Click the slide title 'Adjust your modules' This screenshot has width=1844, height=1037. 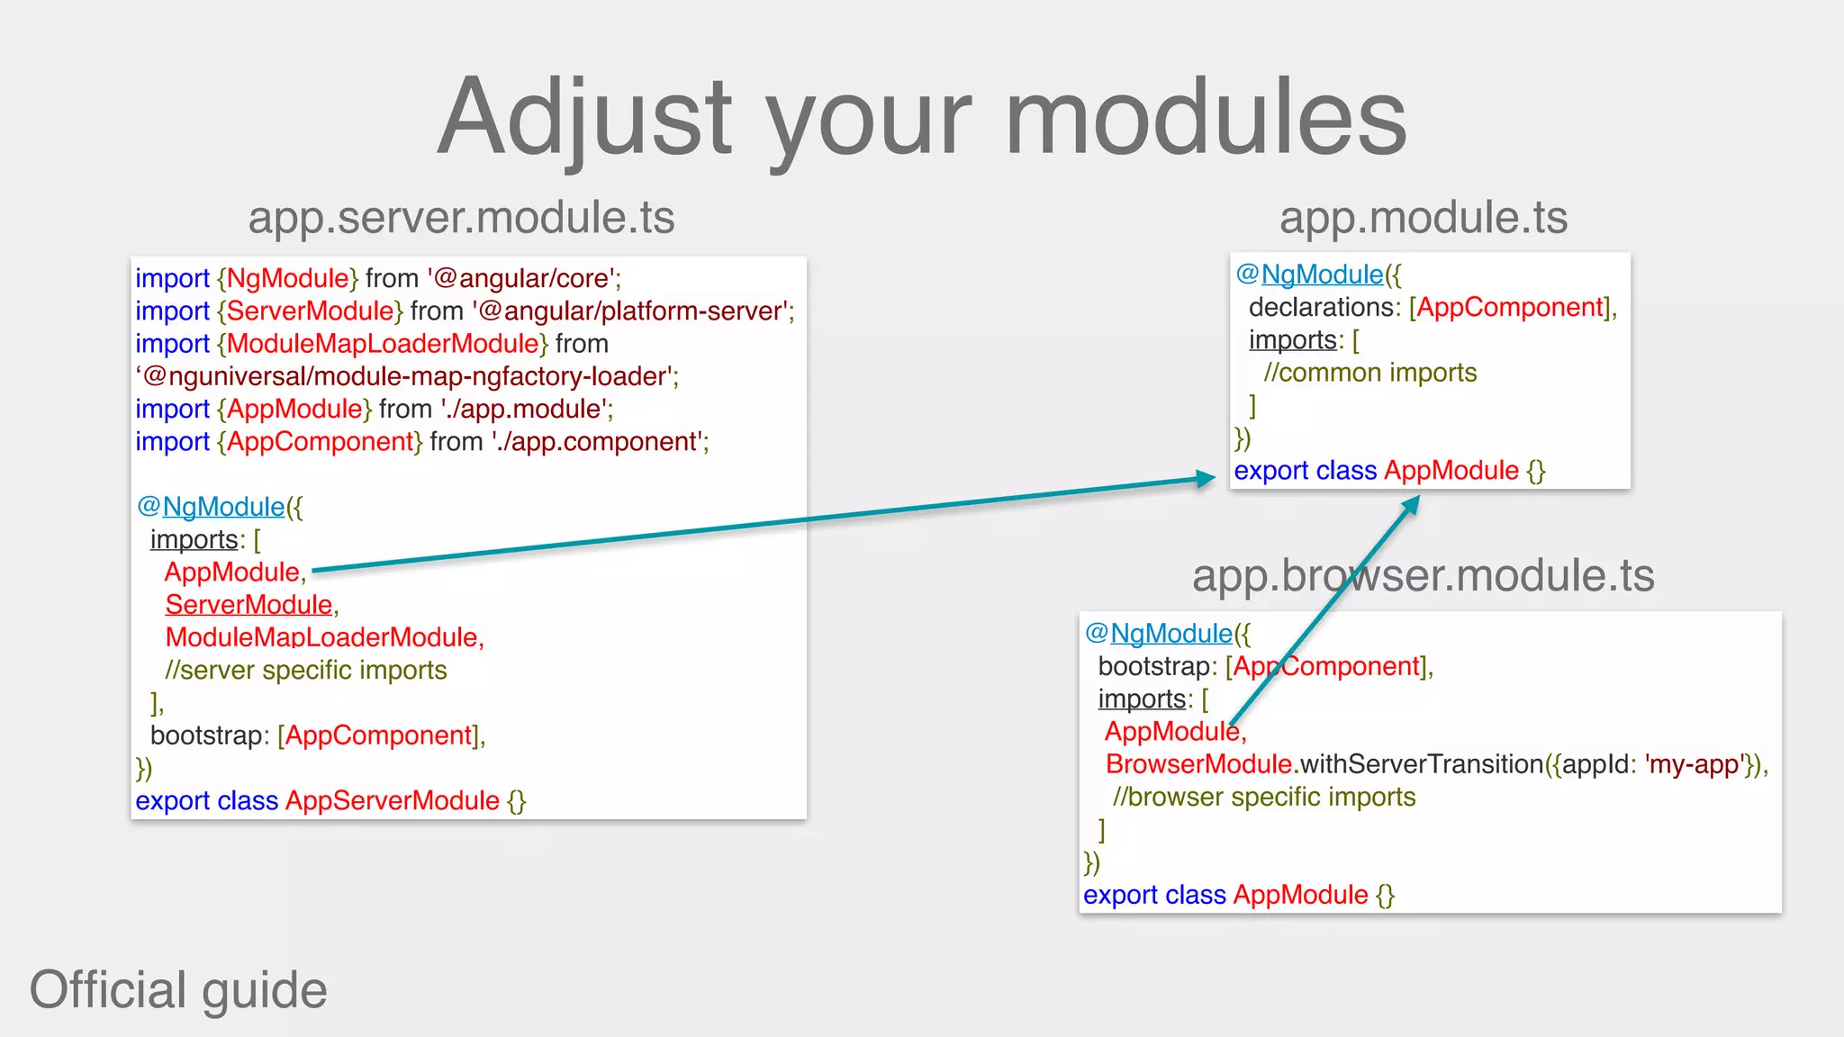coord(922,117)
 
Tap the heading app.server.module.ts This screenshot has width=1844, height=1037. coord(461,217)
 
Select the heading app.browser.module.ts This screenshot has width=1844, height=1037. coord(1423,575)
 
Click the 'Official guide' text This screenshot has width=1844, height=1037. coord(178,989)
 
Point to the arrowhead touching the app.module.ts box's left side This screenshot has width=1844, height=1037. coord(1207,478)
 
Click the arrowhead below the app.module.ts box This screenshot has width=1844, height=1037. coord(1410,506)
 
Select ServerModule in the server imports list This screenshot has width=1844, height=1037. coord(249,605)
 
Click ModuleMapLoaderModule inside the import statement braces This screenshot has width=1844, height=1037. coord(383,344)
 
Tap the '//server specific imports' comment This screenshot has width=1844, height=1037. coord(306,671)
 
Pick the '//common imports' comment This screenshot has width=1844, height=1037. coord(1369,373)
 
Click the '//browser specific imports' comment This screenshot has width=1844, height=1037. coord(1264,798)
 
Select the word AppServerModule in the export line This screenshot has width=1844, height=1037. coord(392,801)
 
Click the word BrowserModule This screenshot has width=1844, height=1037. coord(1198,764)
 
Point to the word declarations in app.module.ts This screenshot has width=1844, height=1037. coord(1321,308)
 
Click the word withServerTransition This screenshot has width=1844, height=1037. coord(1422,764)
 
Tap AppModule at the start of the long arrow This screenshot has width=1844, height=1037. coord(232,573)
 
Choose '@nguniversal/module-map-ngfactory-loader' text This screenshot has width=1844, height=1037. coord(407,376)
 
